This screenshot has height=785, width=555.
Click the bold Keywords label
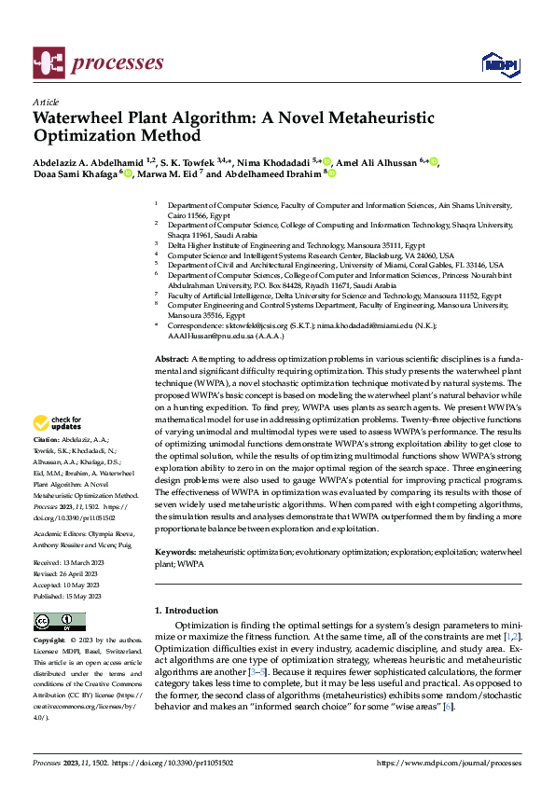click(x=174, y=553)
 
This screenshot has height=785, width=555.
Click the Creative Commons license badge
click(x=59, y=622)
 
